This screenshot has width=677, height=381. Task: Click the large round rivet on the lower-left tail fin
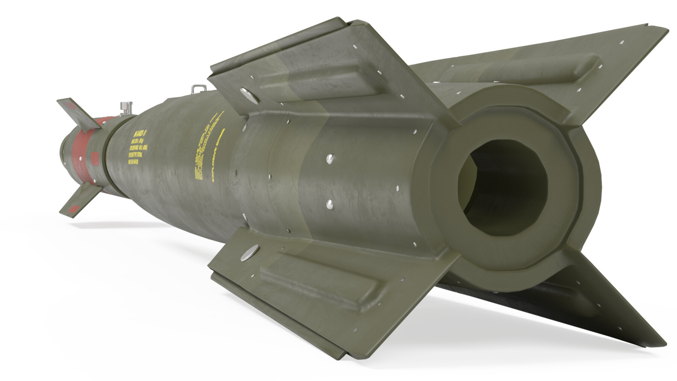[250, 252]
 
